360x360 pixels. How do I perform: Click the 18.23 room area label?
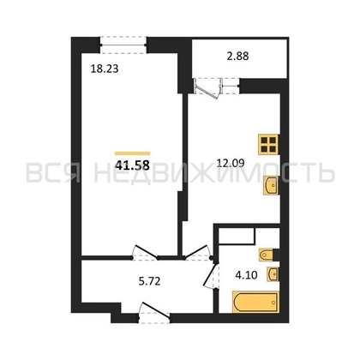(x=105, y=69)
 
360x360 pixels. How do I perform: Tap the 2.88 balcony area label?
(x=237, y=56)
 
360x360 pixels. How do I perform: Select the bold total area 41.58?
(x=133, y=165)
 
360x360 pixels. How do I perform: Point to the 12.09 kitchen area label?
(x=231, y=164)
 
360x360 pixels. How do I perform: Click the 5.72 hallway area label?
(x=149, y=281)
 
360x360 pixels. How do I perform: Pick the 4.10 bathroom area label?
(x=246, y=275)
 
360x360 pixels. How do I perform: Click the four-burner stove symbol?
(x=268, y=145)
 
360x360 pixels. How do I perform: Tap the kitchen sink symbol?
(x=271, y=185)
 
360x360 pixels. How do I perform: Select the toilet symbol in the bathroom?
(x=267, y=255)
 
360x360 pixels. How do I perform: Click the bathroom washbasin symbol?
(x=273, y=274)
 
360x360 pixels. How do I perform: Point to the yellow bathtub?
(x=255, y=302)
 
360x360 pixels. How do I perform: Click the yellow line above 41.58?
(x=133, y=153)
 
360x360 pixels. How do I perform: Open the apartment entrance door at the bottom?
(x=154, y=314)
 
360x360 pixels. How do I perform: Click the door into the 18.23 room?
(x=145, y=252)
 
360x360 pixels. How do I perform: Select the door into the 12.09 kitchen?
(x=198, y=252)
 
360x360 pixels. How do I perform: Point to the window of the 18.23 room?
(x=123, y=45)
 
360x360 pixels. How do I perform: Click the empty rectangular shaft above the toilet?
(x=237, y=237)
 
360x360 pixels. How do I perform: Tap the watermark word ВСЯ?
(x=53, y=172)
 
